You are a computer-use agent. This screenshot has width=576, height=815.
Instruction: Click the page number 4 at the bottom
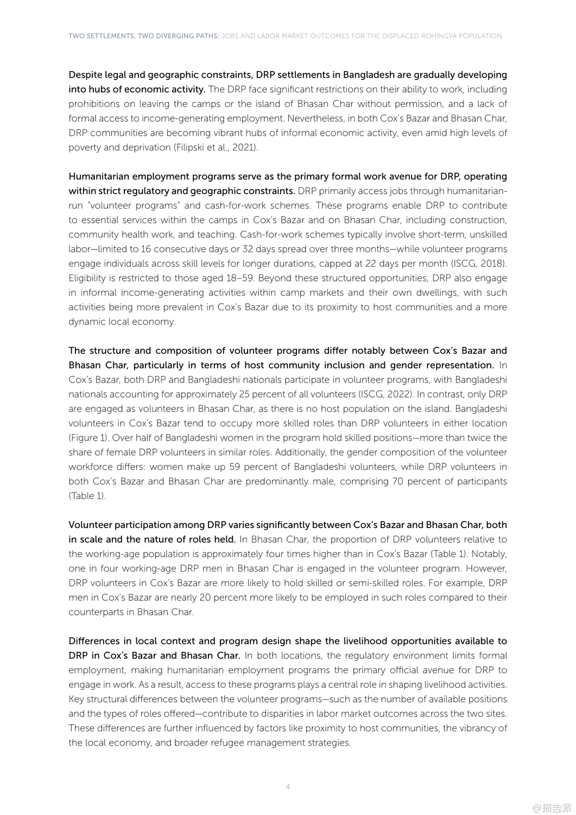[288, 787]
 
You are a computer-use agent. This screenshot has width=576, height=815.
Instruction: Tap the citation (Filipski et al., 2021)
[216, 147]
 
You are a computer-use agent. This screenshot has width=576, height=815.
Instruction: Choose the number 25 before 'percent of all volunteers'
[244, 394]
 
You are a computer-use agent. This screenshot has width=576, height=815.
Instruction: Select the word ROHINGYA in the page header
[437, 36]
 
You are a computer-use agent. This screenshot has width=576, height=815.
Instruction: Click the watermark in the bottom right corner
[552, 808]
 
